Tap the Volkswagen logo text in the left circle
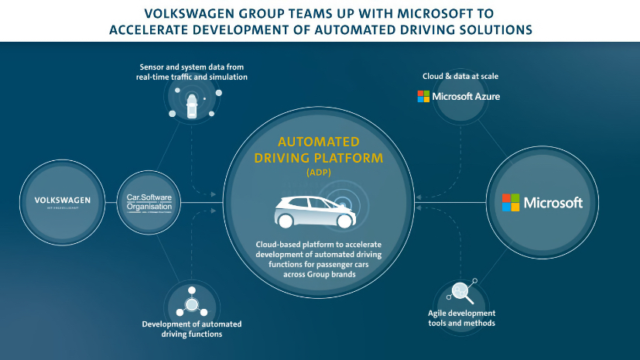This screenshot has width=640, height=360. [x=63, y=200]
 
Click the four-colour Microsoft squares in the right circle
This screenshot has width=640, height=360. [x=511, y=203]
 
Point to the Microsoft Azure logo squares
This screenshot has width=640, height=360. [x=423, y=96]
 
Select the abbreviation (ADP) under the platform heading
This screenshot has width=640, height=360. [x=319, y=171]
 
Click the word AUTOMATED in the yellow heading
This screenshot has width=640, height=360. [x=319, y=142]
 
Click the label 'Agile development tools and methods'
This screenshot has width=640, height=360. [x=461, y=317]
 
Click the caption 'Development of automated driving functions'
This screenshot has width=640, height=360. [x=192, y=328]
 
